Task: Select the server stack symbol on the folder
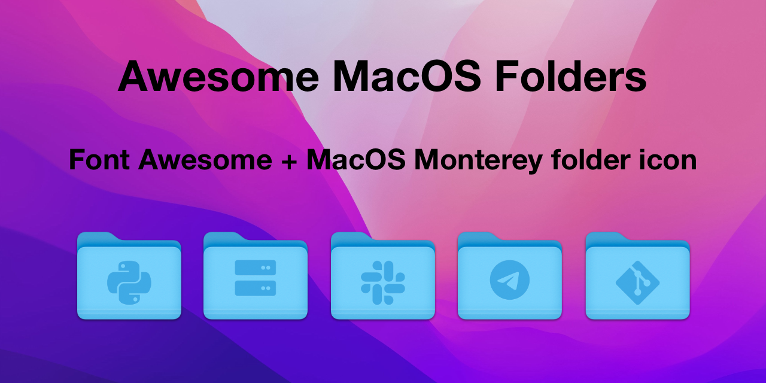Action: pos(256,278)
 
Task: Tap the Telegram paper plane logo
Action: pos(510,279)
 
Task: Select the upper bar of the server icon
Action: pos(256,268)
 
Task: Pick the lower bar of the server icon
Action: pos(256,288)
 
